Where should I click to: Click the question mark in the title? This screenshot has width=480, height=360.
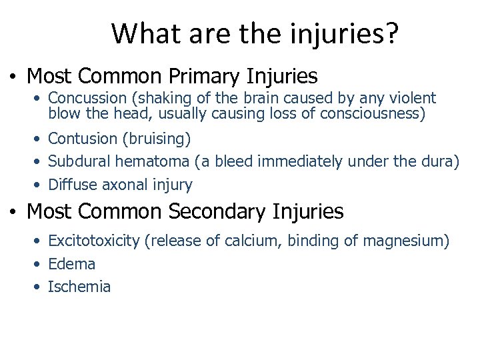(x=391, y=33)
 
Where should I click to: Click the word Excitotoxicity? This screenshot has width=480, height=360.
(x=93, y=241)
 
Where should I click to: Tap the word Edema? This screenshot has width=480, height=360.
(x=72, y=264)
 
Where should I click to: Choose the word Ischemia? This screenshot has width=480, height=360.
(x=79, y=287)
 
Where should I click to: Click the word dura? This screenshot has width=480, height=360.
(x=437, y=161)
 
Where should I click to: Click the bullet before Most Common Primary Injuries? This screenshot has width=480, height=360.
(x=13, y=76)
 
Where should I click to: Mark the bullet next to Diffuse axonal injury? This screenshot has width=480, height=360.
(x=40, y=185)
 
